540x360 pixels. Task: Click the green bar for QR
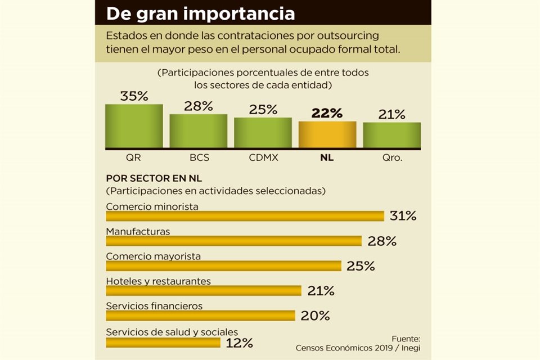134,126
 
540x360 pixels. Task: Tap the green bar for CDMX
263,133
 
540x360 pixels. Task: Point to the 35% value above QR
134,96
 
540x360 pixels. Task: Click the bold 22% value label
327,113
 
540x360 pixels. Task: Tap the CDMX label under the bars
263,157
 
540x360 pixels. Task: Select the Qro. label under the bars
391,157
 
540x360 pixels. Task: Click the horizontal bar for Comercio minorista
245,216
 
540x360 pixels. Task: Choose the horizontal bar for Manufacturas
233,241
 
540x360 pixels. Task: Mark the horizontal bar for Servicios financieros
200,316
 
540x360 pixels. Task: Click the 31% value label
403,216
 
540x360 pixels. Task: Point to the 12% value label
239,343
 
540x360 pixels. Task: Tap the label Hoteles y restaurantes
158,281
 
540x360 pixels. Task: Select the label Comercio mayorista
153,256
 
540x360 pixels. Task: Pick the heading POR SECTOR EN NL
154,178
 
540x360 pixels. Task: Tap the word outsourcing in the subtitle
344,35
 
